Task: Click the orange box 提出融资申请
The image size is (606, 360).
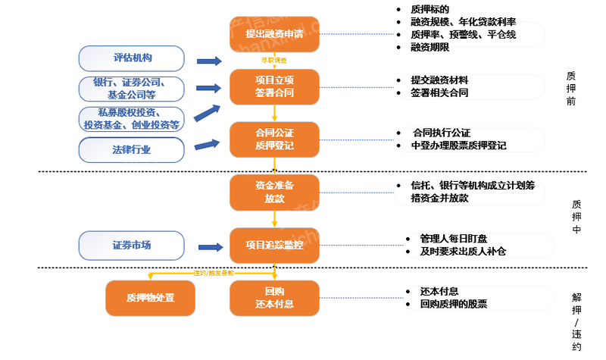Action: pos(274,34)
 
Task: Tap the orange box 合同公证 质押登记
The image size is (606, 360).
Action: pos(274,139)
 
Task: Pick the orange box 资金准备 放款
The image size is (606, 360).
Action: pos(274,192)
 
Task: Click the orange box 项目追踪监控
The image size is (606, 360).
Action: pos(274,245)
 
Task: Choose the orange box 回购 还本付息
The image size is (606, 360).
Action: pos(274,297)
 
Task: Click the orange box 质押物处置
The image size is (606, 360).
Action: pos(150,297)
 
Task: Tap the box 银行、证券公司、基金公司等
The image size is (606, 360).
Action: pos(132,89)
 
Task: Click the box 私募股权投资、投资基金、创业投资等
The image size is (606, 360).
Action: pos(132,119)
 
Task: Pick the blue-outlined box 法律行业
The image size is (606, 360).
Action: pos(132,149)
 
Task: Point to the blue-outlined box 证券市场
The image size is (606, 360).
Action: pos(132,245)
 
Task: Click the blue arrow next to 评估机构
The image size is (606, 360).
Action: pos(208,61)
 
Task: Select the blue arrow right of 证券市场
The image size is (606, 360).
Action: pos(208,245)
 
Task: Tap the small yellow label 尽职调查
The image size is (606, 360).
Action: pos(274,59)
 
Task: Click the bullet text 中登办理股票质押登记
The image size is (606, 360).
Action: pos(458,145)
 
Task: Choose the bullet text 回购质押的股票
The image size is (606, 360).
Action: pos(453,303)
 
